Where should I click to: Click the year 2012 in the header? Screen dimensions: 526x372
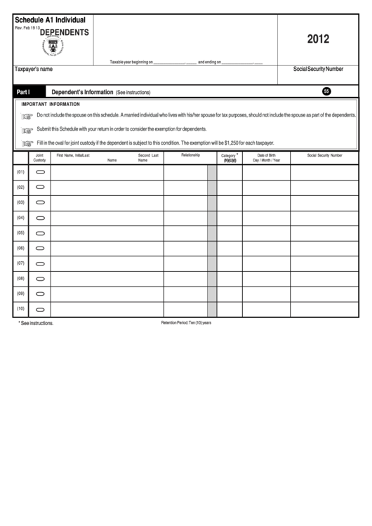point(318,40)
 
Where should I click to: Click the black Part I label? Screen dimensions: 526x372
point(25,92)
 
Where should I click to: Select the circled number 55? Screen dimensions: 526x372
point(326,91)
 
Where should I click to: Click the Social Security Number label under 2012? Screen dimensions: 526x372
point(318,70)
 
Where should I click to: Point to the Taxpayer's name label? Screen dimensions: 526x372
point(34,70)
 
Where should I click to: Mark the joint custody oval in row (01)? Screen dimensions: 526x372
point(40,172)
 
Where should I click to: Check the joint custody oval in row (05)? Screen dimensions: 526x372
point(40,233)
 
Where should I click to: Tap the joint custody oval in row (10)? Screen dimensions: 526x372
point(40,310)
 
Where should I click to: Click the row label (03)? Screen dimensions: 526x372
point(20,202)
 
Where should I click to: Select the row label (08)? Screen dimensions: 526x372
point(20,279)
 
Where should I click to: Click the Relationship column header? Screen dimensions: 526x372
point(190,155)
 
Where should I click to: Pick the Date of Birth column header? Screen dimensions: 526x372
point(266,157)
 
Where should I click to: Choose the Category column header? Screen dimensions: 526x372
point(229,157)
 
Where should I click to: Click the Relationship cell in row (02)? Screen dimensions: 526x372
point(185,188)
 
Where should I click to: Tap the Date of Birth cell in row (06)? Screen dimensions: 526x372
point(266,248)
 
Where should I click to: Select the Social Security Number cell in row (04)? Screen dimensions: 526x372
point(324,218)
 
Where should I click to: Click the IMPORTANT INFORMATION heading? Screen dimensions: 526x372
point(51,104)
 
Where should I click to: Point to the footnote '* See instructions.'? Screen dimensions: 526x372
point(35,323)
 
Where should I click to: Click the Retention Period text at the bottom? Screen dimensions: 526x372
point(186,322)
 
